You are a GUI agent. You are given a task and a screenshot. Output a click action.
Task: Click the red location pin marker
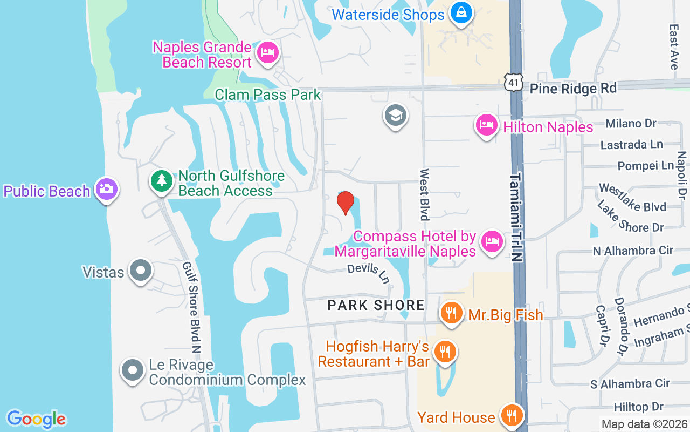click(x=346, y=202)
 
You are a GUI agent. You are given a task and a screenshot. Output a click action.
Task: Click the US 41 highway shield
click(x=515, y=82)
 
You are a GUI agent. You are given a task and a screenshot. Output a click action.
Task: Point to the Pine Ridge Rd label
click(x=572, y=89)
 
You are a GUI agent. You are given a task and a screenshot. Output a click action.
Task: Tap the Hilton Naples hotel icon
click(x=487, y=125)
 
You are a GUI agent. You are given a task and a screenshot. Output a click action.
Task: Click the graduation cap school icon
click(x=396, y=115)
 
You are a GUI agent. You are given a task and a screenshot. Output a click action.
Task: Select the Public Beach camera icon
click(x=107, y=189)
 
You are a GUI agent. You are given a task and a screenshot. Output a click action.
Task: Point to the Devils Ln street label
click(x=369, y=273)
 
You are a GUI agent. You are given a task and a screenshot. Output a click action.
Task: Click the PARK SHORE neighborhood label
click(x=376, y=305)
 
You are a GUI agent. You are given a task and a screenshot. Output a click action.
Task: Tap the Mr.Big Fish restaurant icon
click(x=452, y=313)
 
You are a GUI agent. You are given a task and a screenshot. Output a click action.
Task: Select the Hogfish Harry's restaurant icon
click(x=445, y=352)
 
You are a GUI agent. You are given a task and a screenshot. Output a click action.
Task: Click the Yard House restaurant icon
click(x=510, y=416)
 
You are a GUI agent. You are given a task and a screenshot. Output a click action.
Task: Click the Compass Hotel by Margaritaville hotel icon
click(x=491, y=240)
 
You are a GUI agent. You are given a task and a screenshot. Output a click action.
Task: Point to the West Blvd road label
click(x=425, y=194)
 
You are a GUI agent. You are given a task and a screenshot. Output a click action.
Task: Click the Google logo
click(x=37, y=418)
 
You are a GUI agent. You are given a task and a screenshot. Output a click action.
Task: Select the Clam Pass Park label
click(x=268, y=95)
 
